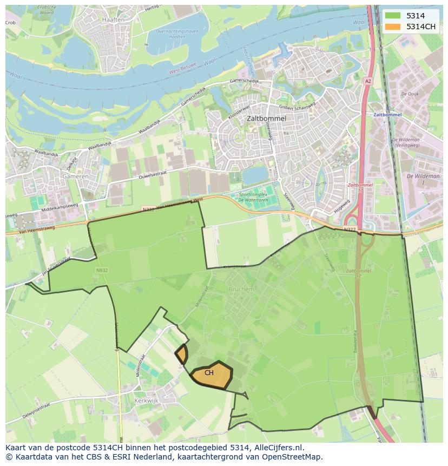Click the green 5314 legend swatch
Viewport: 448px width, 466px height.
tap(393, 16)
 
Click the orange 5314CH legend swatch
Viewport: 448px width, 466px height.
tap(393, 27)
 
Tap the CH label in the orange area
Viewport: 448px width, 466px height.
tap(209, 373)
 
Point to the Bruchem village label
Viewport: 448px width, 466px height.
tap(241, 290)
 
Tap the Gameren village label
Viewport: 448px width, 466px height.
tap(75, 176)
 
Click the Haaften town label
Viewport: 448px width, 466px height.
tap(113, 19)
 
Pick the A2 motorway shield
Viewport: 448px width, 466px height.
tap(368, 81)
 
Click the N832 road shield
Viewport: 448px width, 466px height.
tap(102, 270)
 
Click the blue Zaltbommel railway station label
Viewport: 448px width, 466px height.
tap(388, 115)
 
